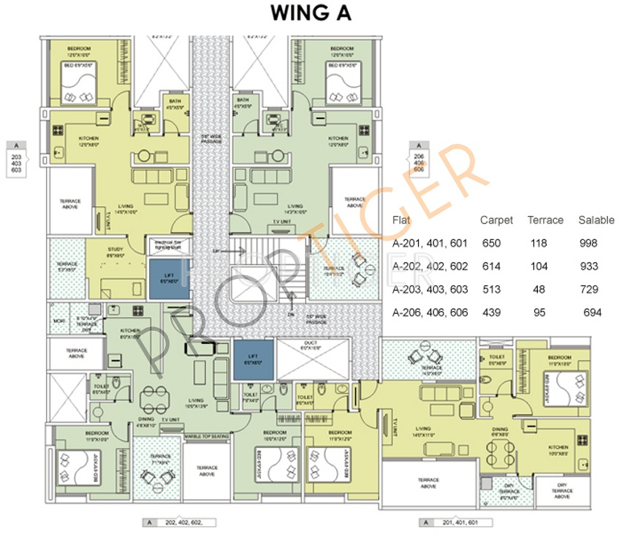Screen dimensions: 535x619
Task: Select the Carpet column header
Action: click(496, 220)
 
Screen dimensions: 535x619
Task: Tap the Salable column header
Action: click(596, 220)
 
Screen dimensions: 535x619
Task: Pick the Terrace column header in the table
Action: click(545, 220)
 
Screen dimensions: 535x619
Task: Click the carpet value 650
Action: click(491, 244)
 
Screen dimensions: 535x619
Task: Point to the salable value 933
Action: click(588, 266)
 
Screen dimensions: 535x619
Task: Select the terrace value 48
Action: click(539, 290)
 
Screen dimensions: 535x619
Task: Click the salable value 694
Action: click(592, 313)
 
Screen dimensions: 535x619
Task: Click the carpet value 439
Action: click(491, 313)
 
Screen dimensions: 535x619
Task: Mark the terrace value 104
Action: click(541, 266)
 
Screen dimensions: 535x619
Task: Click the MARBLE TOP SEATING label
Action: click(206, 436)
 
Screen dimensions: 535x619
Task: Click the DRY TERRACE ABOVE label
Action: click(561, 491)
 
